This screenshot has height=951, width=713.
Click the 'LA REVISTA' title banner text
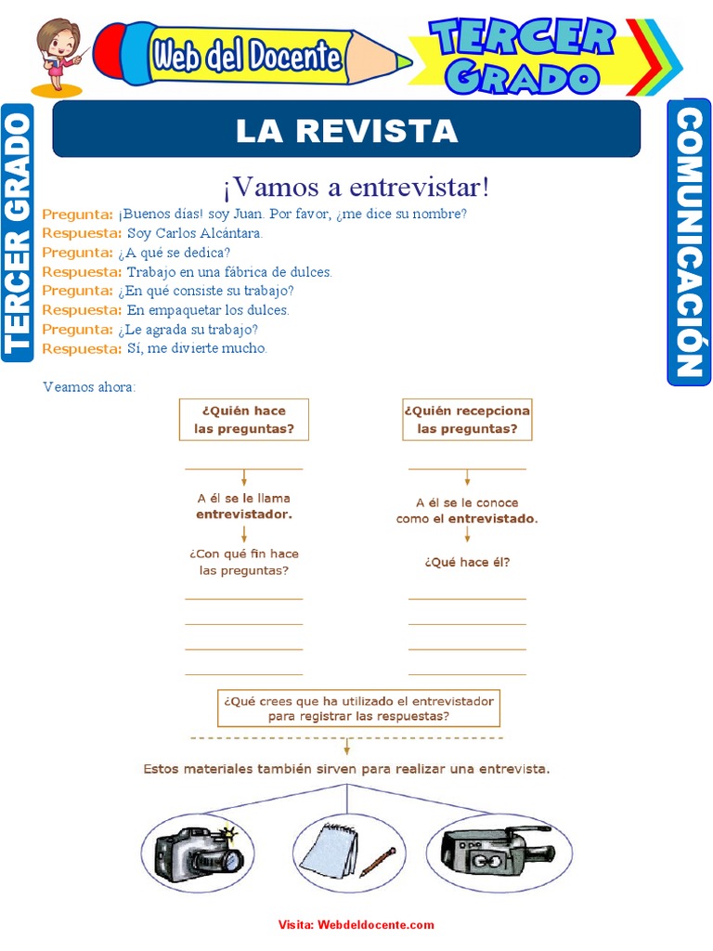(346, 131)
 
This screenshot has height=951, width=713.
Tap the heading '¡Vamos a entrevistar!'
(356, 187)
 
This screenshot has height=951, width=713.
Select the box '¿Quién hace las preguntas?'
(244, 420)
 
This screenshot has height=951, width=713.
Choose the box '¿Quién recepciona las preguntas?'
(467, 420)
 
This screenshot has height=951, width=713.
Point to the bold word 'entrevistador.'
(244, 513)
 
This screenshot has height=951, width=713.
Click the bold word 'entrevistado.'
(493, 518)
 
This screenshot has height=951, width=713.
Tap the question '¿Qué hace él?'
(467, 561)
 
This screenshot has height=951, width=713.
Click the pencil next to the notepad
(377, 863)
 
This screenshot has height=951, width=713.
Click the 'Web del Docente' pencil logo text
(247, 58)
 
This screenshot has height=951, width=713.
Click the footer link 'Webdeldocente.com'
(375, 925)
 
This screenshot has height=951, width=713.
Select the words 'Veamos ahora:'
(89, 386)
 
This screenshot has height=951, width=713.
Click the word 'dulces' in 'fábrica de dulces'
(311, 272)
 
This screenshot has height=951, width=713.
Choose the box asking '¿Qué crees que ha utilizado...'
(358, 708)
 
